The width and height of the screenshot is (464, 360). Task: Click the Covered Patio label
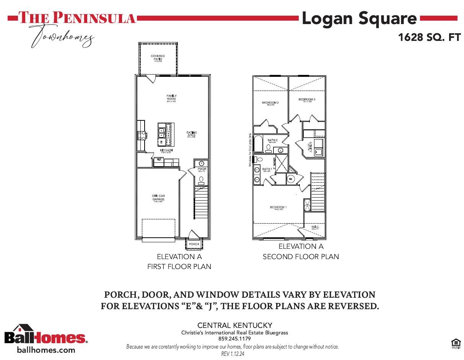[x=158, y=58]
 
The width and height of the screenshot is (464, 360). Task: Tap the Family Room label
[x=171, y=97]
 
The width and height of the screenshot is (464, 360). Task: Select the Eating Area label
[x=192, y=134]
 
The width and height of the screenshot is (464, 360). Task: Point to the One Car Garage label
[x=158, y=198]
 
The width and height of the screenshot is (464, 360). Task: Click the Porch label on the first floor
[x=194, y=244]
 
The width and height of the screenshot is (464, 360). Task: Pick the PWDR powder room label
[x=202, y=169]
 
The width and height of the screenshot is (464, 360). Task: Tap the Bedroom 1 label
[x=278, y=208]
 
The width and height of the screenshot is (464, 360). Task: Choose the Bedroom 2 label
[x=270, y=103]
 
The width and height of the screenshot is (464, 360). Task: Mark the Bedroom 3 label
[x=307, y=100]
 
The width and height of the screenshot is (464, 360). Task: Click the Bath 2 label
[x=273, y=140]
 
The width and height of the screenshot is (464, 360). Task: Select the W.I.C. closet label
[x=315, y=227]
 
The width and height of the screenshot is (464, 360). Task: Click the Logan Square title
[x=359, y=18]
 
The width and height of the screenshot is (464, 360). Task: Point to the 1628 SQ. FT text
[x=429, y=37]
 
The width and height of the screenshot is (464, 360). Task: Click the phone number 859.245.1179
[x=234, y=339]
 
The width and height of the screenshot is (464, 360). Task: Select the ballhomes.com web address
[x=46, y=350]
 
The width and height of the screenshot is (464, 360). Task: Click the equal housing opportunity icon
[x=456, y=343]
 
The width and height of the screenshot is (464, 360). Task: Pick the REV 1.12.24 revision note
[x=233, y=354]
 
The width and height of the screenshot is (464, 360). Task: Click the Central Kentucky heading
[x=234, y=326]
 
